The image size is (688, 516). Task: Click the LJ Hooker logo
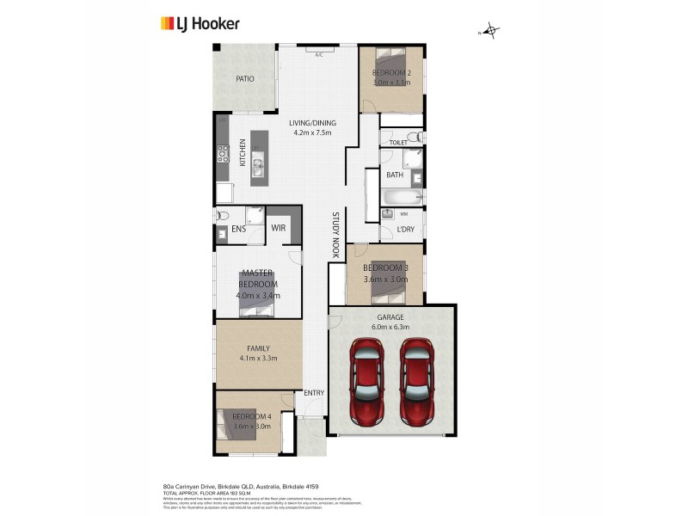[x=200, y=24]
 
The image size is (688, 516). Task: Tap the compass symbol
[x=491, y=32]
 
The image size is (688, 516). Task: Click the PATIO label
[x=245, y=79]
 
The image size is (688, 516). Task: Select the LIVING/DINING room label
[x=315, y=128]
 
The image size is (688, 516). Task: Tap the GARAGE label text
[x=390, y=317]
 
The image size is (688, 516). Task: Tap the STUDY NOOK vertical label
[x=335, y=236]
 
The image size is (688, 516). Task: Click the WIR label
[x=279, y=228]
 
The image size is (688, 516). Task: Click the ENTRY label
[x=314, y=393]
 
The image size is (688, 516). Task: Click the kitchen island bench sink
[x=257, y=160]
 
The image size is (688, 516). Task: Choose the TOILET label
[x=397, y=142]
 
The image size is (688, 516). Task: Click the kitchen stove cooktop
[x=222, y=155]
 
